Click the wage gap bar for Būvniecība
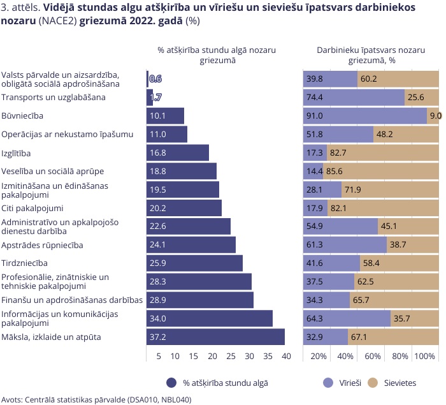[x=166, y=116]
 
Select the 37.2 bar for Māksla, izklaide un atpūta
[x=215, y=337]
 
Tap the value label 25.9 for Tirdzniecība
[x=157, y=263]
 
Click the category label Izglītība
[x=17, y=153]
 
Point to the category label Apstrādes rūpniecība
[x=43, y=245]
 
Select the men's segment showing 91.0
[x=364, y=116]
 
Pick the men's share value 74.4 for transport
[x=315, y=98]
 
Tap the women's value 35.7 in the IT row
[x=402, y=318]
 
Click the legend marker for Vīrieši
[x=329, y=383]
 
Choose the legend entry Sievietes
[x=398, y=383]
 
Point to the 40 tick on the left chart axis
[x=286, y=356]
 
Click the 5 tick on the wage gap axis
[x=158, y=356]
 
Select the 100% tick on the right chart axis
[x=424, y=356]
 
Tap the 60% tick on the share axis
[x=373, y=356]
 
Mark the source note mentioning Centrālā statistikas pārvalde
[x=96, y=400]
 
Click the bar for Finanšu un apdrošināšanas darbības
[x=200, y=300]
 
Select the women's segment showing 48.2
[x=406, y=135]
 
